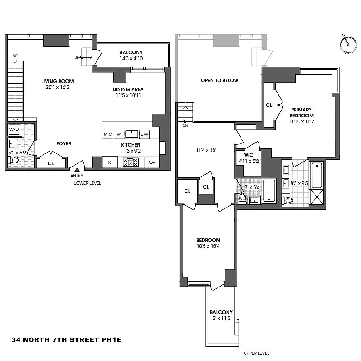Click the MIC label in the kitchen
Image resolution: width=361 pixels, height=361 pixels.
[x=108, y=134]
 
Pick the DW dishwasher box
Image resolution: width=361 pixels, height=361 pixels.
[x=144, y=134]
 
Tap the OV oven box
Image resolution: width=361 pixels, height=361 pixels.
[x=153, y=162]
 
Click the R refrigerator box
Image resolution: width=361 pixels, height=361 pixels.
[x=109, y=162]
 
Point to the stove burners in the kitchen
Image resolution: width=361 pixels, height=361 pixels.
[x=131, y=162]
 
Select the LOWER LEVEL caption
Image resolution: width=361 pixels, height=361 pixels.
[x=88, y=183]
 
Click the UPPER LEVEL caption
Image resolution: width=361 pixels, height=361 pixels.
[x=256, y=353]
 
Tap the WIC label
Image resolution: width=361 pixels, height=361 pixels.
[x=248, y=155]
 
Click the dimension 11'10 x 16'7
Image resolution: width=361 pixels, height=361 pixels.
[x=301, y=121]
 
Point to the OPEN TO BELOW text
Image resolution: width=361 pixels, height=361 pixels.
[x=220, y=80]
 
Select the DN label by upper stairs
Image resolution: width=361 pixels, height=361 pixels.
[x=185, y=126]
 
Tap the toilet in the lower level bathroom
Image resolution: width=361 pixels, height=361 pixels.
[x=14, y=160]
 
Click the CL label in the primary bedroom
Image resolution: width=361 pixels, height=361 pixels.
[x=269, y=105]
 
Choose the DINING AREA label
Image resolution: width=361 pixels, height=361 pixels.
[x=128, y=89]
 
